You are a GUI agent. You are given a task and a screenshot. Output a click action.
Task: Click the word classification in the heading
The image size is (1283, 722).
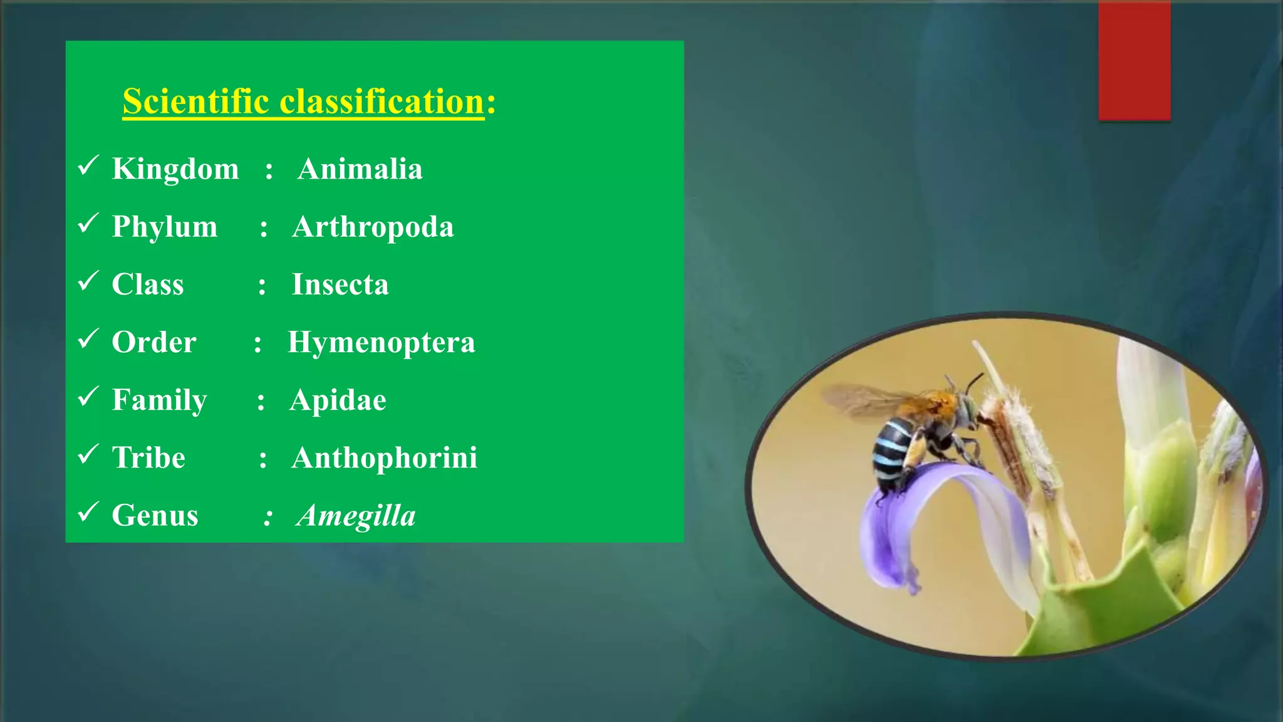382,102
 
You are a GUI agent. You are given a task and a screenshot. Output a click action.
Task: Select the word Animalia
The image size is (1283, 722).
360,169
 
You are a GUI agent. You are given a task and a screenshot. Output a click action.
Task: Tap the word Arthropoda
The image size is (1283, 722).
373,227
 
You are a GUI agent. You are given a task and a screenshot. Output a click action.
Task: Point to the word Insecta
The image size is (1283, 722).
340,285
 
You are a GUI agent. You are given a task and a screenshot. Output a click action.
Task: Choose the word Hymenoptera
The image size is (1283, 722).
381,343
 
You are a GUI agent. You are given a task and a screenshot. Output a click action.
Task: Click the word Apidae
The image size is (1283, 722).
338,400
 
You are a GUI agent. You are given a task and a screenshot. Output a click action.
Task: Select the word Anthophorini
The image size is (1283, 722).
384,458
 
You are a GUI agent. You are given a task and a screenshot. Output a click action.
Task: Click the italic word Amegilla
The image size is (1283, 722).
356,516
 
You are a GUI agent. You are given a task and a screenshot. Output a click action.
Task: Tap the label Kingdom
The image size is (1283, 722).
175,169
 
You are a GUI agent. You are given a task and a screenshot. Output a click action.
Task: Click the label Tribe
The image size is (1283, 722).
148,458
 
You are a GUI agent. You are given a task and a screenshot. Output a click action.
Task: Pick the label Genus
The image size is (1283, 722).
155,516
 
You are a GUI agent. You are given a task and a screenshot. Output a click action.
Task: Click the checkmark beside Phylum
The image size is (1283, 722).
88,222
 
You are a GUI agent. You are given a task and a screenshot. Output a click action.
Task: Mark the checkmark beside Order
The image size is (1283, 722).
88,338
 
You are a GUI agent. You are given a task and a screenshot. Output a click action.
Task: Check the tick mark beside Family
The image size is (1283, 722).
88,396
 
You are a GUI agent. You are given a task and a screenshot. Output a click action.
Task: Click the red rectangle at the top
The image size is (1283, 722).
1134,61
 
